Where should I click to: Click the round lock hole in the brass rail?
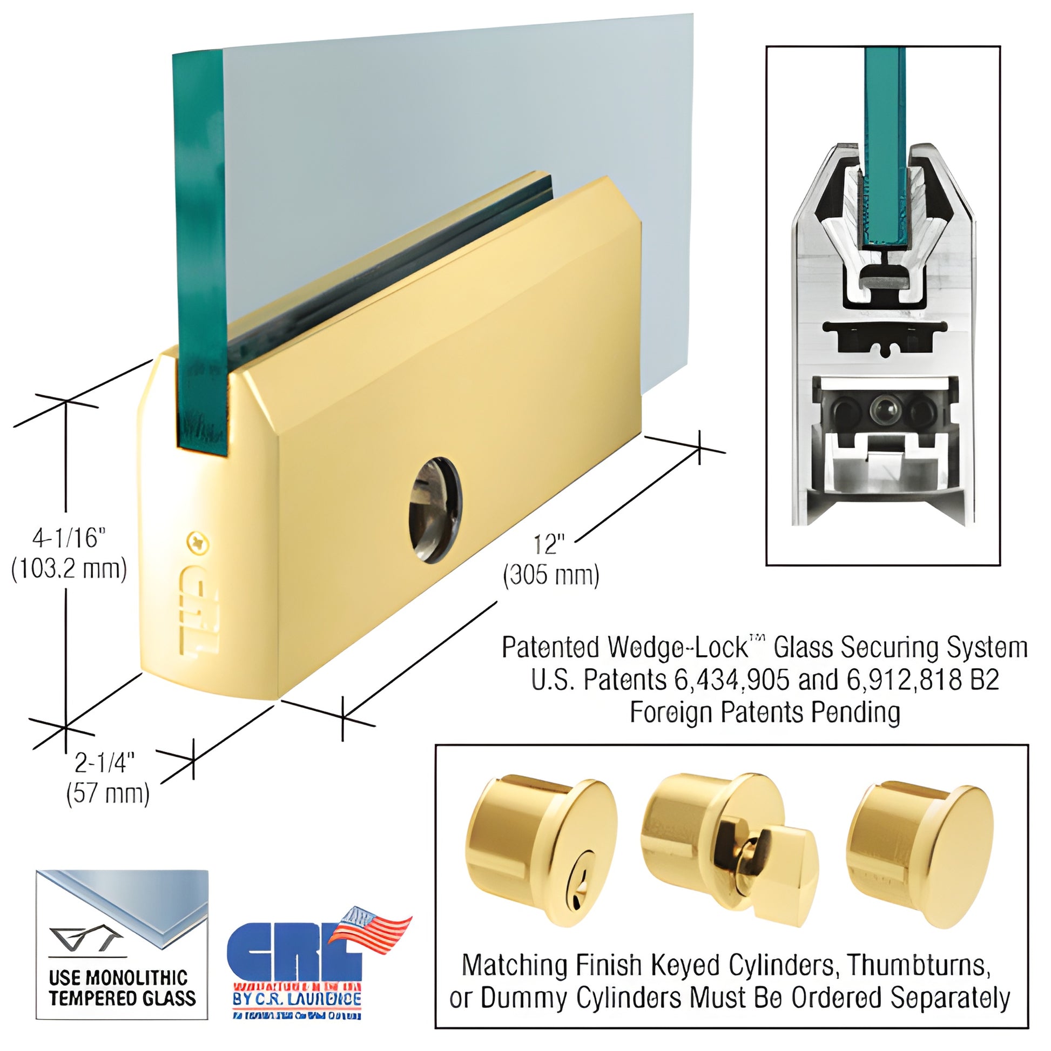click(x=436, y=510)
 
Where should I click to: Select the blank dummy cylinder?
click(x=919, y=840)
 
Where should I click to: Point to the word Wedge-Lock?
click(x=677, y=648)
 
